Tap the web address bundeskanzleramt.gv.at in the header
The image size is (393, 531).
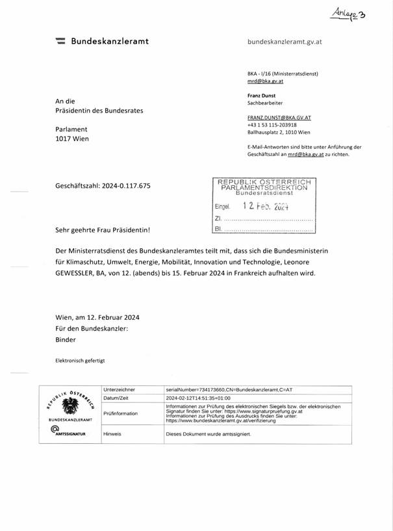click(285, 42)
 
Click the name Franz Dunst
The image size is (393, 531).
click(261, 96)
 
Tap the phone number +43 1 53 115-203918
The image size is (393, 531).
click(272, 125)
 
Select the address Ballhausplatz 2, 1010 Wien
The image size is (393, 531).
click(279, 132)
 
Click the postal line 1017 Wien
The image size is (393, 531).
click(72, 138)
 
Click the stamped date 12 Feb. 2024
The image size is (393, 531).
click(265, 206)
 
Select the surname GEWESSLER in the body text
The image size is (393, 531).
click(77, 273)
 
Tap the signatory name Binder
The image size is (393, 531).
click(66, 339)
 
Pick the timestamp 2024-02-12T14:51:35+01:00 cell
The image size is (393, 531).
click(198, 398)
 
